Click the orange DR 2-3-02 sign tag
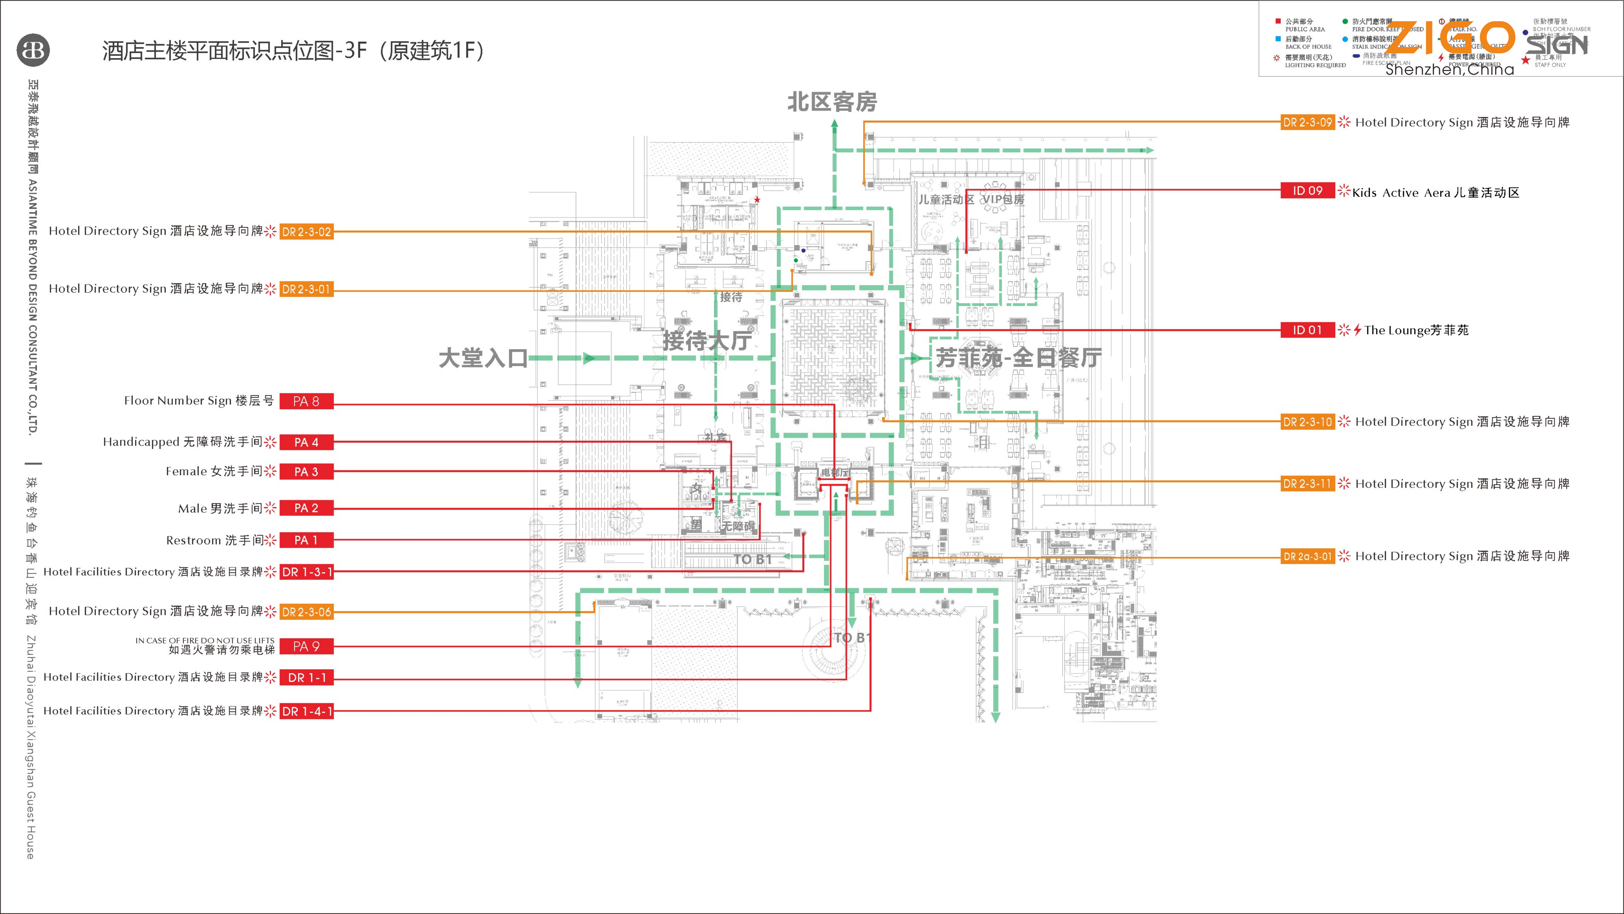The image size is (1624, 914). (306, 232)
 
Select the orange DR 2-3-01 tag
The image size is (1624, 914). (306, 289)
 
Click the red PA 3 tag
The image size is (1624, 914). (306, 472)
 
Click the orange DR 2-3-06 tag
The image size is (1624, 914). (306, 612)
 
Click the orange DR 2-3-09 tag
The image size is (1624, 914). (1307, 122)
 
